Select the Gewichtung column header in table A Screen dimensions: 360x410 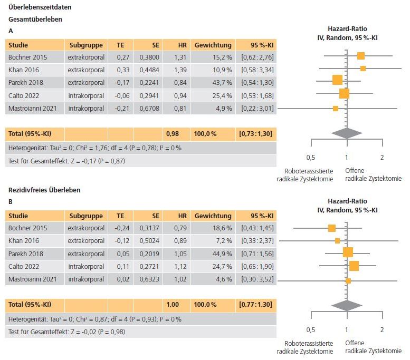click(213, 45)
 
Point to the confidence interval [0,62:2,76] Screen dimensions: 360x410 click(257, 57)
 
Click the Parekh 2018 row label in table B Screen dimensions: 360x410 click(26, 254)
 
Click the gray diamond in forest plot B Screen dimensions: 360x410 click(347, 305)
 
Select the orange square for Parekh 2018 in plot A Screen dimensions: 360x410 click(337, 80)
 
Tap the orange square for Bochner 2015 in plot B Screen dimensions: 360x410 click(331, 228)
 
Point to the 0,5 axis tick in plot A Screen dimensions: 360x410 click(311, 157)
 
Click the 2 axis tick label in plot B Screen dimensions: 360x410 click(382, 329)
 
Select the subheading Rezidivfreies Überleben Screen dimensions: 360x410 click(44, 189)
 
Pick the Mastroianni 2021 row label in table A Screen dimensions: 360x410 click(32, 109)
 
